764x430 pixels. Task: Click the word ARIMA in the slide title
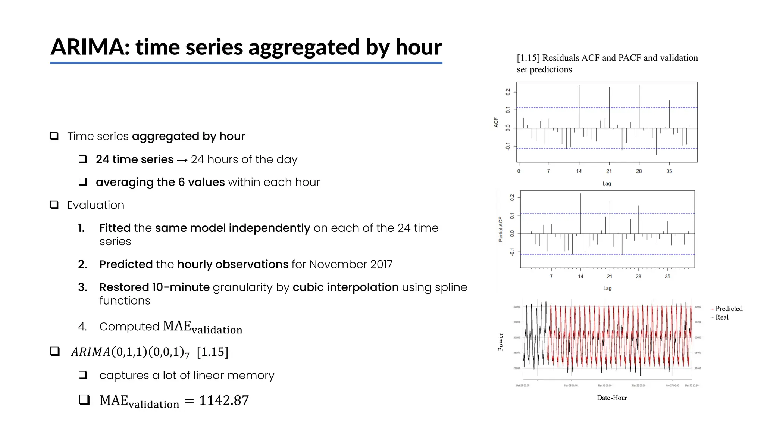click(90, 47)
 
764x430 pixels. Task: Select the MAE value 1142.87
click(224, 401)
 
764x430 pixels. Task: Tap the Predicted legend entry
click(729, 309)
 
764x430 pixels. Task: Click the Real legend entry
click(721, 317)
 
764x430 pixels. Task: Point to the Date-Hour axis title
click(612, 398)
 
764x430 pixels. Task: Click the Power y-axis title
click(501, 342)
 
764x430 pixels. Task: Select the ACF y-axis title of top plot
click(496, 122)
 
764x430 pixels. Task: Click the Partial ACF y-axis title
click(501, 230)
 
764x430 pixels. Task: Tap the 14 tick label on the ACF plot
click(579, 171)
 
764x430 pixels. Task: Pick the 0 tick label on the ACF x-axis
click(519, 171)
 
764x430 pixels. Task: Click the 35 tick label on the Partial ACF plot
click(667, 277)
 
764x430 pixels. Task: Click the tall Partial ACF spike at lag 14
click(581, 213)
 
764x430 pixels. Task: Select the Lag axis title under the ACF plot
click(607, 184)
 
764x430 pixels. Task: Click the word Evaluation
click(95, 205)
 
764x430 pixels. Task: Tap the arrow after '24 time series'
click(182, 160)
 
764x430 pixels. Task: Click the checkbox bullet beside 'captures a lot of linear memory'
click(83, 375)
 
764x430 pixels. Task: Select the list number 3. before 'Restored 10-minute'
click(82, 287)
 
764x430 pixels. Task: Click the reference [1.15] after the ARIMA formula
click(212, 352)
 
